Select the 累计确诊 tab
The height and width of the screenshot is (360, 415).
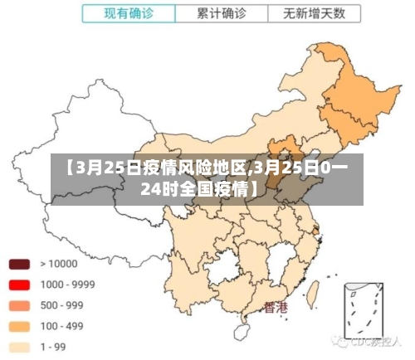(x=222, y=14)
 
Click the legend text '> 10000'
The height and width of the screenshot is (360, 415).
(x=59, y=265)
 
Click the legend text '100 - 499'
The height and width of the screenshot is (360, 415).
(x=62, y=326)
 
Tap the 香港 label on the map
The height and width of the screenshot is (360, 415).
(x=276, y=308)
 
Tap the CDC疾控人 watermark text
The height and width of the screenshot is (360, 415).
(x=373, y=340)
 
